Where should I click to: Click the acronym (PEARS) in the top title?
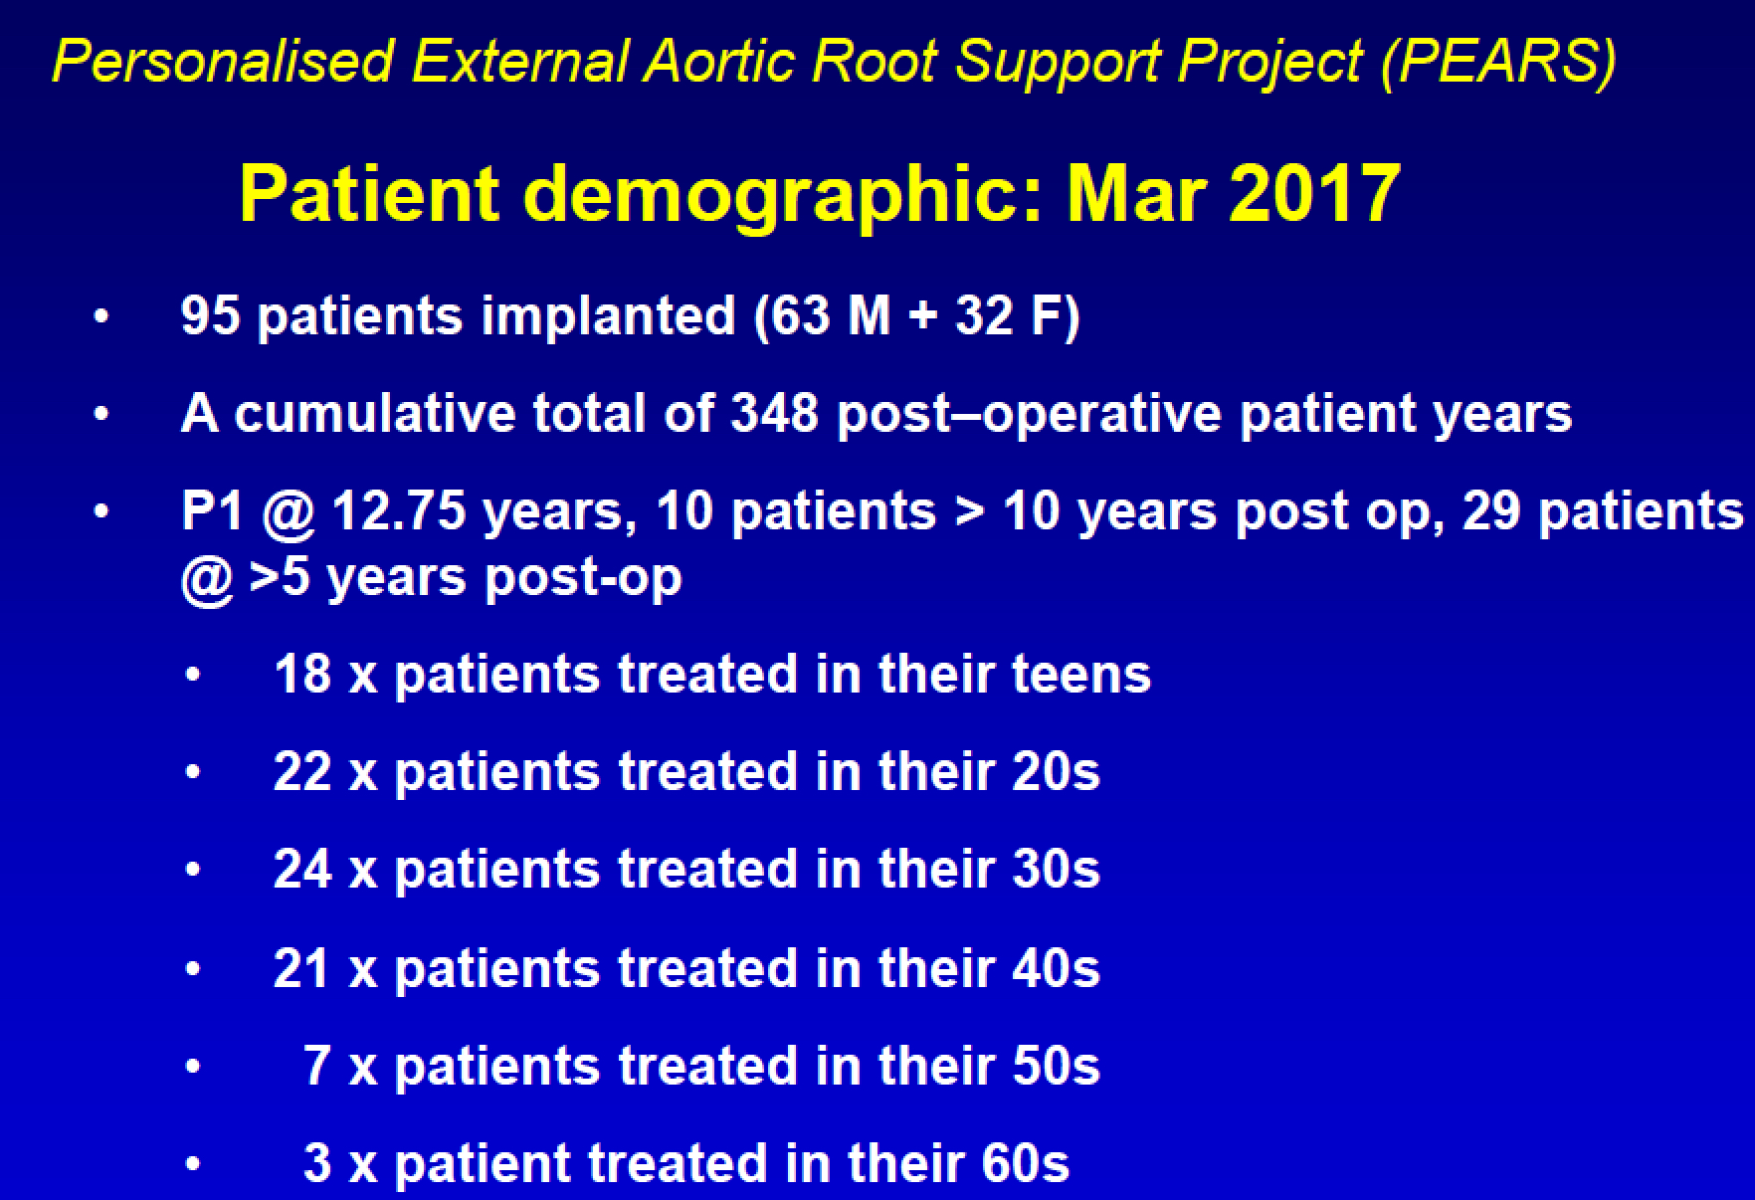coord(1498,62)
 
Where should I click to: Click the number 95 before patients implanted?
coord(211,315)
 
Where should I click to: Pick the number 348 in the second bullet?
coord(774,413)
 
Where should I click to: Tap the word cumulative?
coord(374,413)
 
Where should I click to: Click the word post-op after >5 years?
coord(583,577)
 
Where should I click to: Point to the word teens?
coord(1080,674)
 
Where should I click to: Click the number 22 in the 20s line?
coord(302,772)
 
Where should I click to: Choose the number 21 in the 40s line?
coord(301,968)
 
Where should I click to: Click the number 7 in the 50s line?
coord(317,1066)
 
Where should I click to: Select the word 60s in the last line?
coord(1025,1163)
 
